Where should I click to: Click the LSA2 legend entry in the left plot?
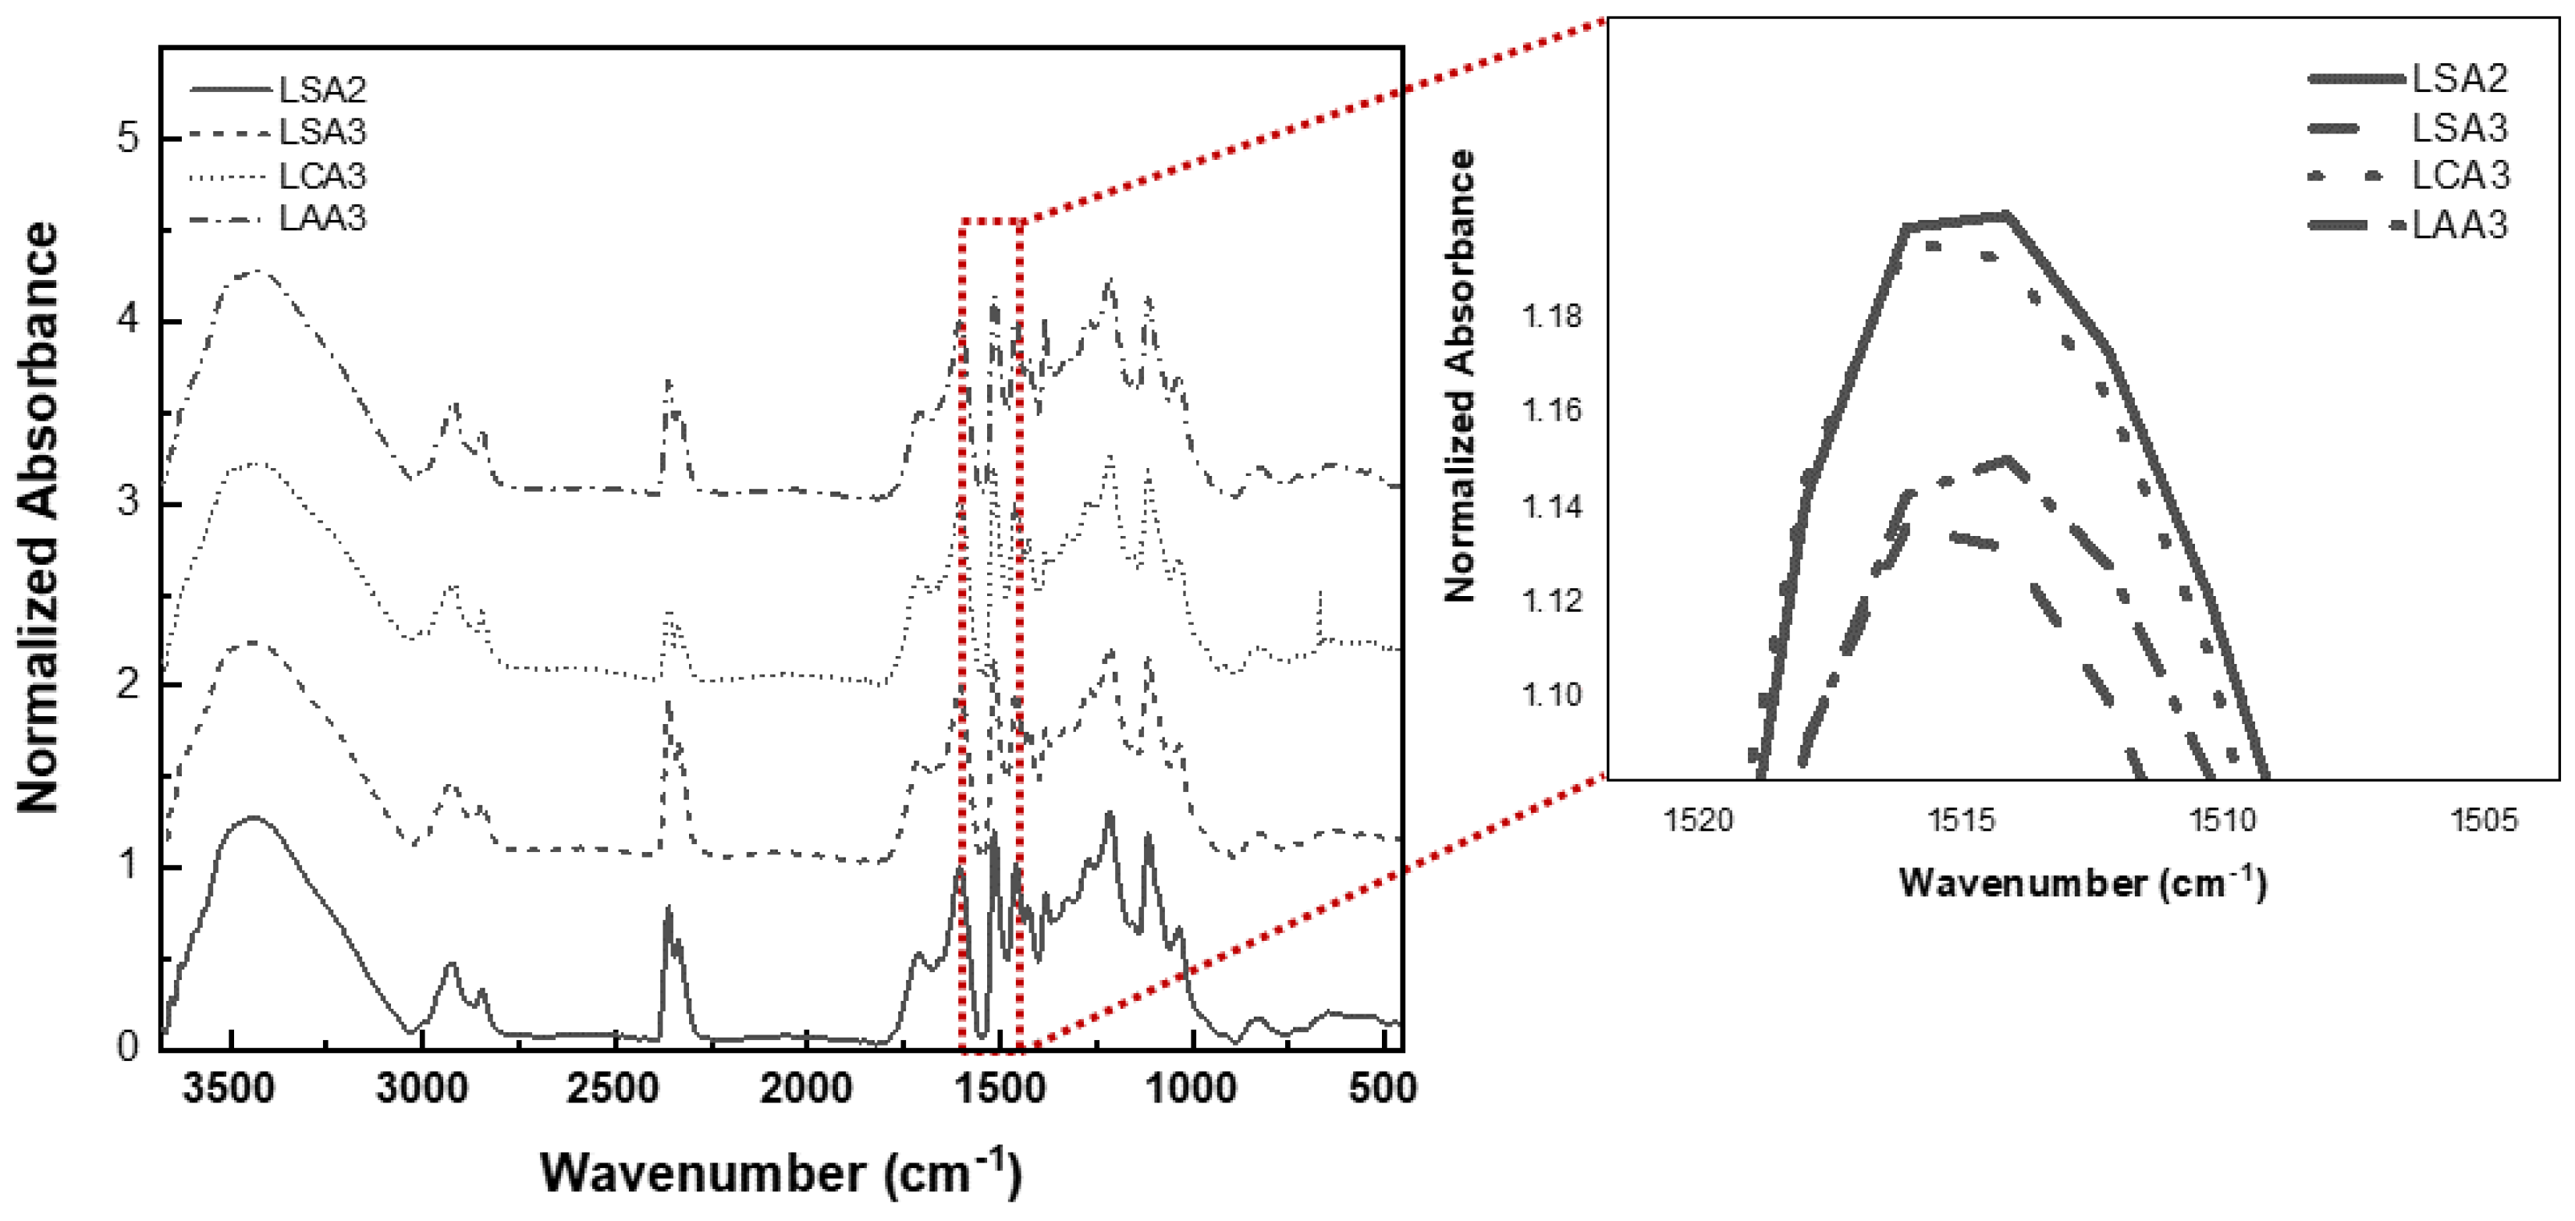321,90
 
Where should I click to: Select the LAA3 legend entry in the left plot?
321,218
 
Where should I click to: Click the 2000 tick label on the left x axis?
806,1087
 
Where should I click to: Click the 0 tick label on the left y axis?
128,1046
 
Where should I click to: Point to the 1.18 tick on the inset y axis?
1551,318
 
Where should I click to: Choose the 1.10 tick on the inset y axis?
1551,694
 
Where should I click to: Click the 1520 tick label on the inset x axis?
1697,820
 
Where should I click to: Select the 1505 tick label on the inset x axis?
2483,820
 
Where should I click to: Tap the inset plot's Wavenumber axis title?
2082,882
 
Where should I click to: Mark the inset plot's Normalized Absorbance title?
1461,376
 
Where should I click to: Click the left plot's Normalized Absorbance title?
38,516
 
